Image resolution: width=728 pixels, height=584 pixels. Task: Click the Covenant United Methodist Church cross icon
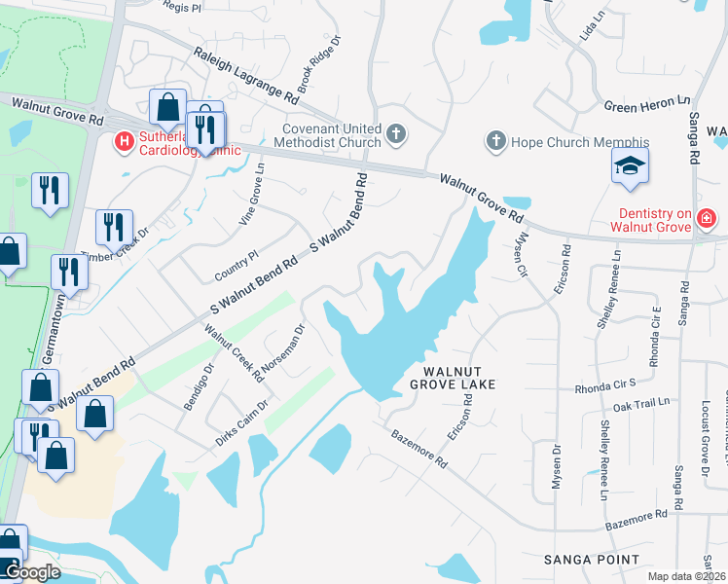[x=396, y=133]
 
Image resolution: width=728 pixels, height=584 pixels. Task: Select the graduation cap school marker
[x=630, y=166]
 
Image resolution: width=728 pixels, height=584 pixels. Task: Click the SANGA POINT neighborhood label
[x=591, y=560]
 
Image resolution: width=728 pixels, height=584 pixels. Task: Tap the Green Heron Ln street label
[x=646, y=100]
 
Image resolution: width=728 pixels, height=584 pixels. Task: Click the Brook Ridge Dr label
[x=319, y=66]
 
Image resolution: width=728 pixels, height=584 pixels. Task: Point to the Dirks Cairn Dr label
[x=241, y=424]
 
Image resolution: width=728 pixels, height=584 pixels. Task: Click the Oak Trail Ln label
[x=641, y=402]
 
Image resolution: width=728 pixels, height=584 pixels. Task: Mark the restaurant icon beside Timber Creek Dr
[x=114, y=228]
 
